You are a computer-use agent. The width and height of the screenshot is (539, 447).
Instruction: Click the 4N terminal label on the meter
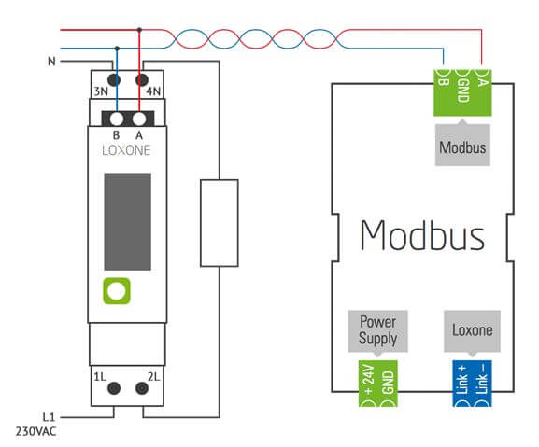pyautogui.click(x=156, y=91)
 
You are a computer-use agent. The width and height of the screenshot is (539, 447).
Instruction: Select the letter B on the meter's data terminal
pyautogui.click(x=116, y=133)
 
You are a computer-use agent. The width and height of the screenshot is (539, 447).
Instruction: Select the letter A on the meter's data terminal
pyautogui.click(x=139, y=133)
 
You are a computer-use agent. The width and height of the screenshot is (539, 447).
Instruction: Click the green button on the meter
pyautogui.click(x=116, y=290)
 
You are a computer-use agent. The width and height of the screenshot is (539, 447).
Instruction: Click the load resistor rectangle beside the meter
pyautogui.click(x=220, y=223)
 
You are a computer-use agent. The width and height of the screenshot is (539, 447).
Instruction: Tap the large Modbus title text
pyautogui.click(x=422, y=235)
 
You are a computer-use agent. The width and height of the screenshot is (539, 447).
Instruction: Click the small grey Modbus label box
pyautogui.click(x=462, y=147)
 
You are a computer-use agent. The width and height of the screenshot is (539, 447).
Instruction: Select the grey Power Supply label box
pyautogui.click(x=378, y=329)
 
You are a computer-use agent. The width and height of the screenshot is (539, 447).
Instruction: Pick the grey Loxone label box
pyautogui.click(x=472, y=329)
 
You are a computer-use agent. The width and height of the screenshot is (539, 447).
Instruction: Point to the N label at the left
pyautogui.click(x=50, y=62)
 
